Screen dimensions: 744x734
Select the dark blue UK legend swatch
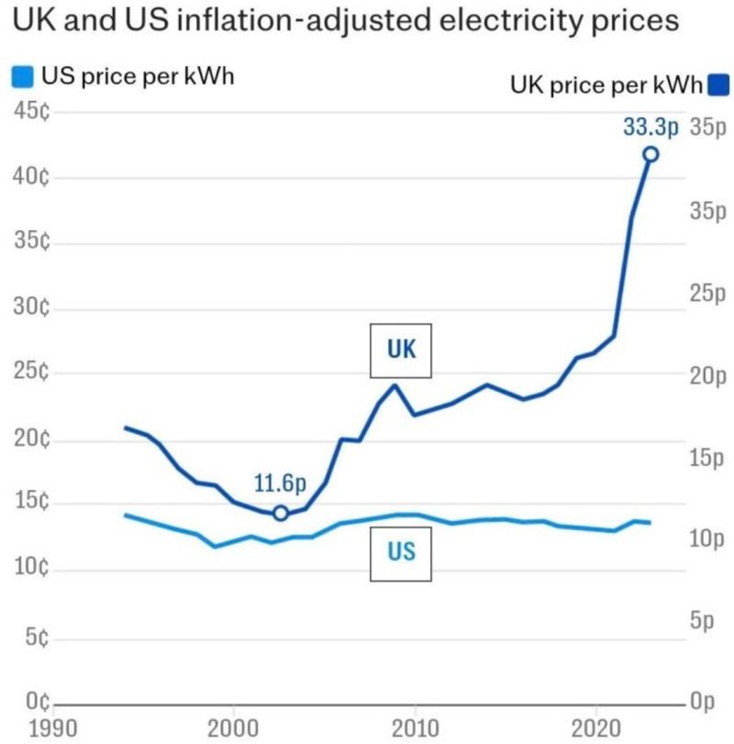click(717, 86)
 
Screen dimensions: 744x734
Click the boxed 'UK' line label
click(400, 350)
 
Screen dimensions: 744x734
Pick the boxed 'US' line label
click(400, 553)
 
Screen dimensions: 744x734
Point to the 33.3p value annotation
click(650, 128)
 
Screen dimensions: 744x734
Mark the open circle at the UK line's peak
click(651, 154)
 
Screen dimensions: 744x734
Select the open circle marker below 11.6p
click(281, 513)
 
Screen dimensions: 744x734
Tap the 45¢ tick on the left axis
click(31, 112)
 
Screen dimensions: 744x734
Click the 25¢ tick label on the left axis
click(31, 373)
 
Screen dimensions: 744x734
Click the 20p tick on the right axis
click(708, 376)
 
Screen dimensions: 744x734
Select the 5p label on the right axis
click(705, 622)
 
